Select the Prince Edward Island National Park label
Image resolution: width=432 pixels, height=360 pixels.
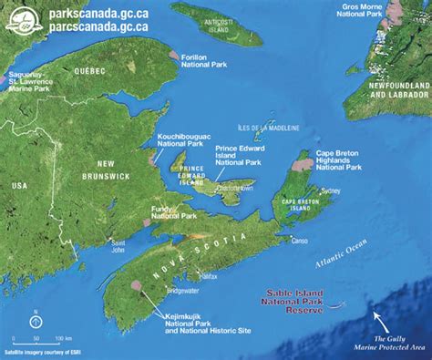click(x=240, y=156)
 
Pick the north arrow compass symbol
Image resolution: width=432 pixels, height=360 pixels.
click(x=35, y=319)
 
